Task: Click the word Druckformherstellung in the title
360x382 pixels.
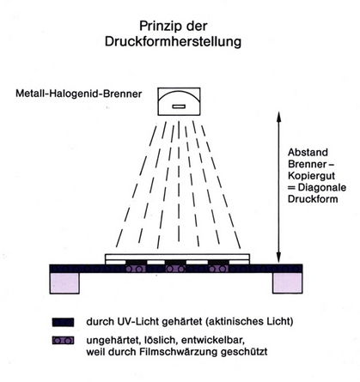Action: [x=173, y=42]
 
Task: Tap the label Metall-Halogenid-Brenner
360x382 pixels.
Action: [x=79, y=94]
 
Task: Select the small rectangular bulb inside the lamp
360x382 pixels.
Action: [x=179, y=106]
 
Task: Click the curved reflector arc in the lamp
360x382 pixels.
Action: [x=179, y=92]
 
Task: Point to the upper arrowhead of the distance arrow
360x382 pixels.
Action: [x=278, y=115]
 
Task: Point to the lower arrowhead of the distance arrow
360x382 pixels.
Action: [x=278, y=258]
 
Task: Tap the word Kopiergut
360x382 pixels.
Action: [x=308, y=176]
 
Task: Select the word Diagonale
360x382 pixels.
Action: [x=322, y=187]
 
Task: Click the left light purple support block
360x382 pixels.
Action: [x=64, y=283]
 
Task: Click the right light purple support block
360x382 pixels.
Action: [x=288, y=283]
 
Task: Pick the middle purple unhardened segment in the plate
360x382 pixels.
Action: [x=175, y=269]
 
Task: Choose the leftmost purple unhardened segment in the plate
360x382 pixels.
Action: [x=136, y=269]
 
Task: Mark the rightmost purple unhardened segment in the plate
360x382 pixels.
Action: [x=218, y=269]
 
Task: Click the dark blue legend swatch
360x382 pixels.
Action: [x=63, y=322]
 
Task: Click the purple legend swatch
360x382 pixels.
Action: [x=63, y=341]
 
